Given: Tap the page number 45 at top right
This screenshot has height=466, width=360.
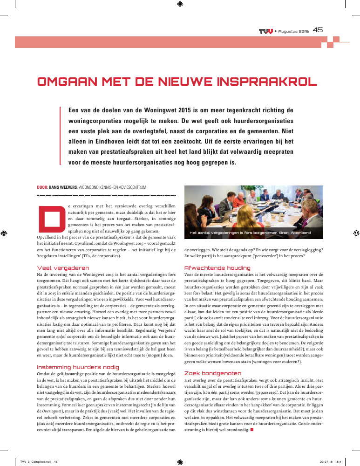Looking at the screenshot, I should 318,30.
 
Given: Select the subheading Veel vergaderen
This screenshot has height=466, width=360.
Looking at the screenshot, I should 56,267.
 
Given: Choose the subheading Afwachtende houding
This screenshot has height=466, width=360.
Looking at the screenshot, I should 211,268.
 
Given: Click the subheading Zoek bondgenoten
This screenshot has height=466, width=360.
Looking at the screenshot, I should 206,373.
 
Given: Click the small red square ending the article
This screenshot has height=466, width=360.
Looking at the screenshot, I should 252,430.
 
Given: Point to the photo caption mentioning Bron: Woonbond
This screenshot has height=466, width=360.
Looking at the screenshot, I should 250,232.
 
